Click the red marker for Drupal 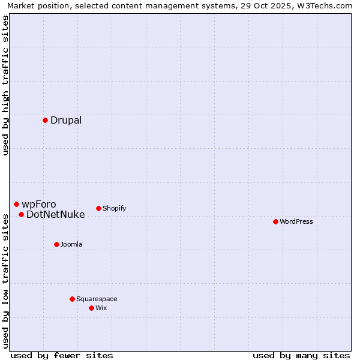click(x=45, y=120)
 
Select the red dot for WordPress click(x=275, y=221)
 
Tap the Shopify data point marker click(x=98, y=208)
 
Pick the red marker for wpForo click(x=16, y=204)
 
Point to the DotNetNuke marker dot click(x=21, y=214)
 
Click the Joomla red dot click(x=56, y=244)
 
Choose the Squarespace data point click(x=72, y=299)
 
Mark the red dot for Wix click(x=91, y=308)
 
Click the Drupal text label click(x=66, y=120)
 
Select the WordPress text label click(x=296, y=221)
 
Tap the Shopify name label click(x=114, y=208)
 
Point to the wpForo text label click(x=39, y=204)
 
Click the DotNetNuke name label click(x=56, y=214)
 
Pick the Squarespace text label click(x=97, y=299)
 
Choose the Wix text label click(x=101, y=308)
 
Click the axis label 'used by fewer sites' click(x=62, y=355)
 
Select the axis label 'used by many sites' click(x=301, y=355)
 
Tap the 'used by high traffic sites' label click(x=5, y=85)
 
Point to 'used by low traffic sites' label click(x=5, y=280)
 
